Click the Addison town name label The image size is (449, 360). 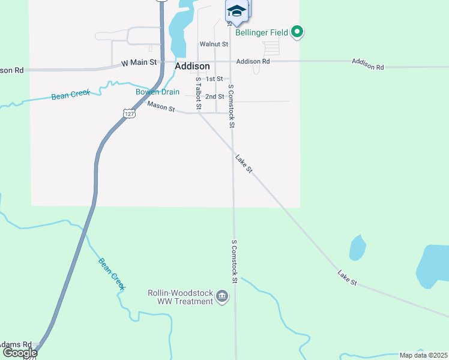192,67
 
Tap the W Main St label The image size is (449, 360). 139,62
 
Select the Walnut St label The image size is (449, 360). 214,44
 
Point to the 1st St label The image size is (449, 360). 214,79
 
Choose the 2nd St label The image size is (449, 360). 214,97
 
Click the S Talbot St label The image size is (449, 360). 197,94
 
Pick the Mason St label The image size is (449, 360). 161,108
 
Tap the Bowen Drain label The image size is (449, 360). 157,92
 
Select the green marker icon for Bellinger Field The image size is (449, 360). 297,32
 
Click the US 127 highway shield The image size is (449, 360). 128,113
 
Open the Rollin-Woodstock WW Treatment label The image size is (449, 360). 181,297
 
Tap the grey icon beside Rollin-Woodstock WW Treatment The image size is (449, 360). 222,295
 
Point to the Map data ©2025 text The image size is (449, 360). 423,355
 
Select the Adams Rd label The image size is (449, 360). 16,344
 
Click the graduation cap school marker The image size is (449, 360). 237,11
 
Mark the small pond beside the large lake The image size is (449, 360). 357,247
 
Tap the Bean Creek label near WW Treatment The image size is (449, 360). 112,274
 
